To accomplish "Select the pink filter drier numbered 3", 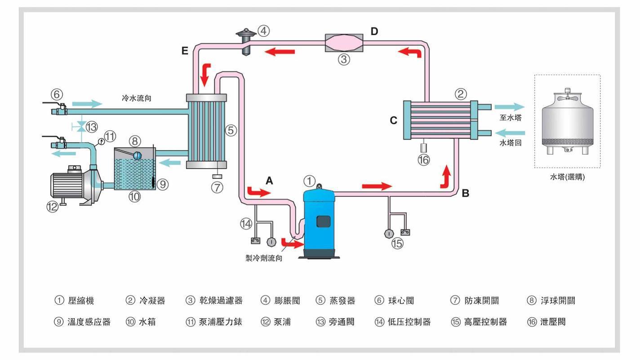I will (x=344, y=43).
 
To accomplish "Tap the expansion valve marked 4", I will (x=246, y=42).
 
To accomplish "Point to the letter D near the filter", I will (x=374, y=31).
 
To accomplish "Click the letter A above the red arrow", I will (x=269, y=181).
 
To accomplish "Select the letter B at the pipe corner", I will (x=466, y=194).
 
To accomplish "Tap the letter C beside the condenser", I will (x=394, y=121).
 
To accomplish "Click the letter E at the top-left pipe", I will (x=185, y=51).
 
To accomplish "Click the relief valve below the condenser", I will (x=423, y=147).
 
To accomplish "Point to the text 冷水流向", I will (x=136, y=98).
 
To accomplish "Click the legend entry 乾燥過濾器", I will (x=220, y=301).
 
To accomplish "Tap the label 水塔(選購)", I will (x=567, y=177).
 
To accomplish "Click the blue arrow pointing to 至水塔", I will (x=509, y=107).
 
